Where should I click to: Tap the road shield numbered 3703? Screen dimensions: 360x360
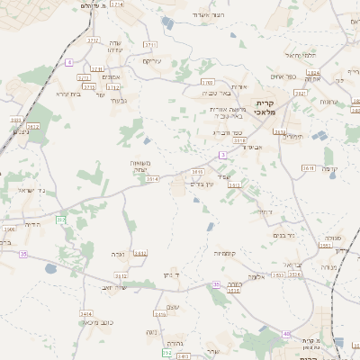(x=207, y=82)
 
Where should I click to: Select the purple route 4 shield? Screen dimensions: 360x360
(x=68, y=62)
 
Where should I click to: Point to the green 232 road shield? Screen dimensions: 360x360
(x=61, y=220)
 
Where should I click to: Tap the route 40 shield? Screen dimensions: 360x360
(x=286, y=334)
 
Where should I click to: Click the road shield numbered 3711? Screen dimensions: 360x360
(x=149, y=43)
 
